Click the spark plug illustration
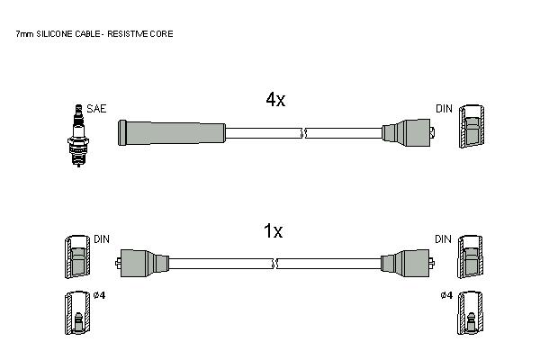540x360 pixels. click(x=78, y=135)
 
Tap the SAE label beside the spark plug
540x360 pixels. click(x=96, y=109)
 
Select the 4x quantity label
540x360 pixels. click(x=275, y=100)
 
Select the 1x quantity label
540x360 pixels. click(x=273, y=230)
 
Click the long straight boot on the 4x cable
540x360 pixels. click(x=172, y=132)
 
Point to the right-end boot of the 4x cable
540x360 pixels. click(x=409, y=132)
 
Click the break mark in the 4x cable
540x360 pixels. click(x=303, y=133)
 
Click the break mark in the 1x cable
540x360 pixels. click(x=274, y=264)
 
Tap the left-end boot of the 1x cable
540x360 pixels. click(x=142, y=263)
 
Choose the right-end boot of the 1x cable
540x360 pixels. click(x=408, y=263)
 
